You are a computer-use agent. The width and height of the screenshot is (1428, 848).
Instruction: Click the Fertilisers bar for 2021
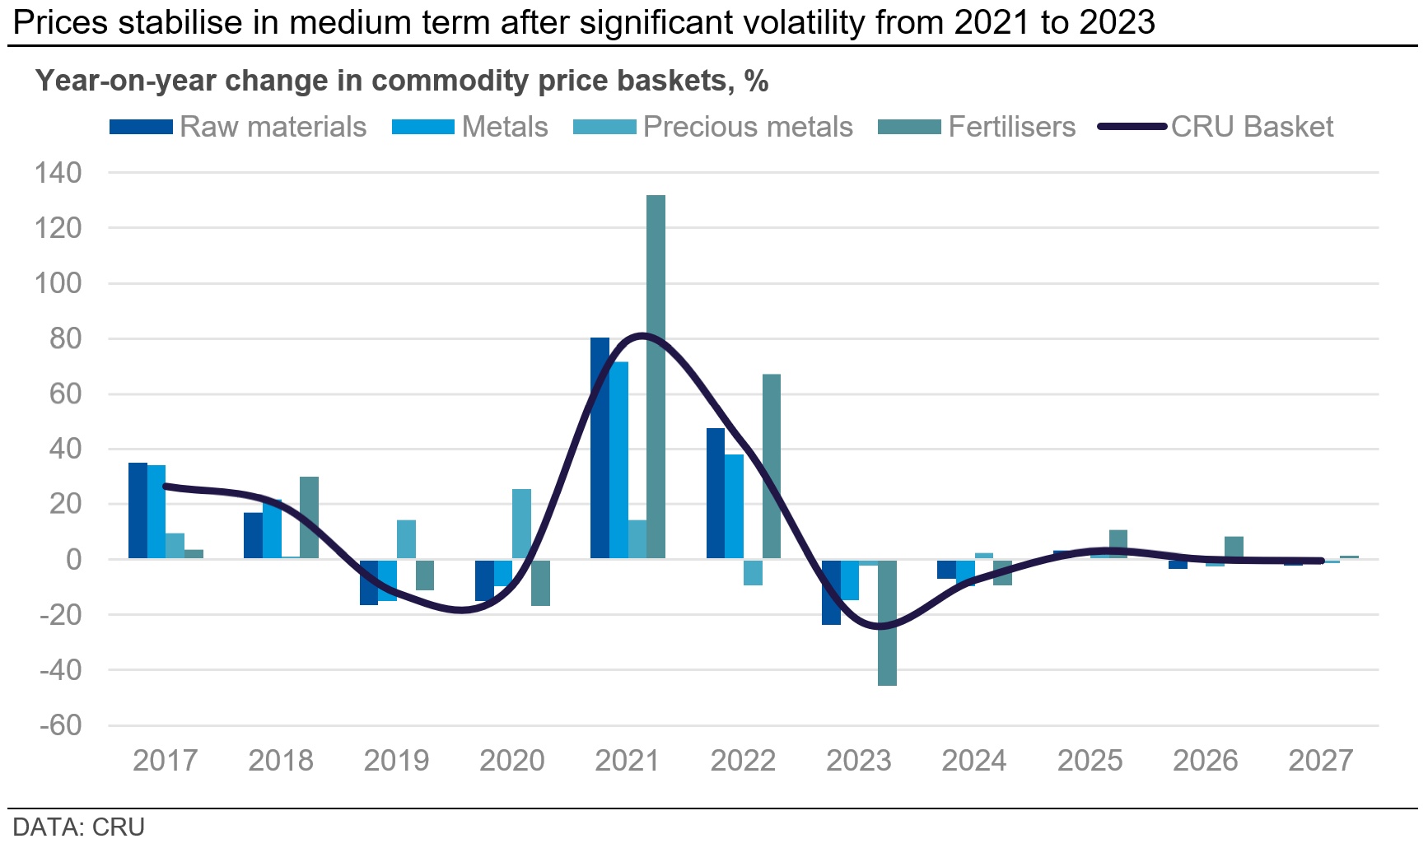coord(656,377)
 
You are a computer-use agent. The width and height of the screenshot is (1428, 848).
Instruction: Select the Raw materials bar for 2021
coord(600,448)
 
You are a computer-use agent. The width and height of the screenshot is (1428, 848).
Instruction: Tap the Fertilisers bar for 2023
coord(887,622)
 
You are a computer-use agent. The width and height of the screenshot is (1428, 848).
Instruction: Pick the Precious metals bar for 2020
coord(521,524)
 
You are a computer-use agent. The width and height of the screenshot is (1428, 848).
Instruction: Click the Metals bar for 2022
coord(734,506)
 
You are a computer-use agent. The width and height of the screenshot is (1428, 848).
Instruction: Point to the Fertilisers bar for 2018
coord(309,518)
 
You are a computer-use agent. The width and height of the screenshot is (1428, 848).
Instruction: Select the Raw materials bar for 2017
coord(138,510)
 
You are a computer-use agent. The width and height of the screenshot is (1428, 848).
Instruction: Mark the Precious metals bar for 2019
coord(406,539)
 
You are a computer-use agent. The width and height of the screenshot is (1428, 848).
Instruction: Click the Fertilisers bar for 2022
coord(772,467)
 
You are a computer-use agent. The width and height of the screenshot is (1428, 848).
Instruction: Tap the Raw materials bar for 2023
coord(831,592)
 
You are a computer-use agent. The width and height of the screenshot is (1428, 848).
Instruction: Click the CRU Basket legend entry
coord(1216,127)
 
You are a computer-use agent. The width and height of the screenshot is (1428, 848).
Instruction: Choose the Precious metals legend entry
coord(713,127)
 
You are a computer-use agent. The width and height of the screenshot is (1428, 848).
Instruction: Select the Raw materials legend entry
coord(238,127)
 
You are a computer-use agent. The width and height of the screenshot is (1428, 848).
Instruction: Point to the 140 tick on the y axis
coord(58,173)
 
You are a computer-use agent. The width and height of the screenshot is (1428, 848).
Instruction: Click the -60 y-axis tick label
coord(60,725)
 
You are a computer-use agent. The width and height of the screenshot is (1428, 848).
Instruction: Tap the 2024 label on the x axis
coord(974,760)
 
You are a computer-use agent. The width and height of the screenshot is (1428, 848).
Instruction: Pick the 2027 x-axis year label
coord(1321,760)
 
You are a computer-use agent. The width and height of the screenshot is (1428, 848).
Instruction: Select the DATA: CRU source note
coord(79,827)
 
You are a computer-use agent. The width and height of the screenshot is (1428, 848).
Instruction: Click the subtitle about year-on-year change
coord(402,81)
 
